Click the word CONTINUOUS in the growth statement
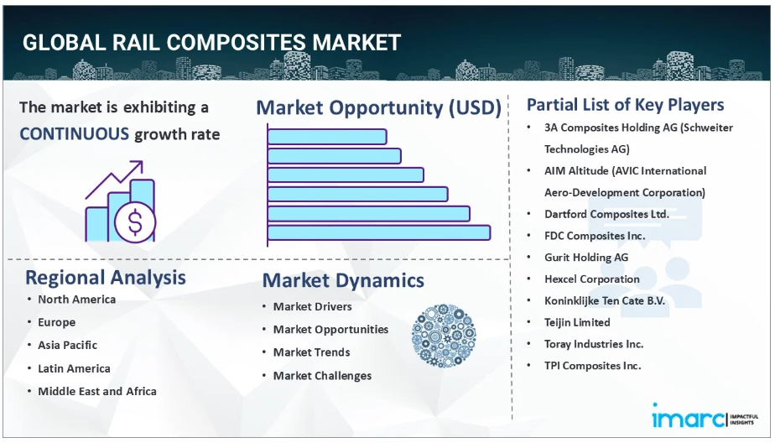coord(74,134)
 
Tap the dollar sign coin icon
coord(135,222)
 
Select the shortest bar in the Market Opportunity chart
coord(327,137)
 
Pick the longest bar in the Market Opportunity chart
coord(379,233)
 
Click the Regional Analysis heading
coord(106,278)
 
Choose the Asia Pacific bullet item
coord(68,345)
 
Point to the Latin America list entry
coord(74,368)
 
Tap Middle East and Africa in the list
coord(97,391)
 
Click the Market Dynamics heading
coord(343,280)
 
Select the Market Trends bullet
coord(312,352)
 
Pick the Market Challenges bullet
coord(322,376)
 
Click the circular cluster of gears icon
coord(444,336)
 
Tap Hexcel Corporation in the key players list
coord(592,279)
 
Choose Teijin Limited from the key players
coord(577,322)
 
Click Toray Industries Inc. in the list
coord(594,344)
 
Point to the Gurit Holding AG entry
coord(586,257)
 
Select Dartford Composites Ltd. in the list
coord(606,214)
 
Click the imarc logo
coord(689,416)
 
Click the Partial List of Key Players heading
coord(625,105)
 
